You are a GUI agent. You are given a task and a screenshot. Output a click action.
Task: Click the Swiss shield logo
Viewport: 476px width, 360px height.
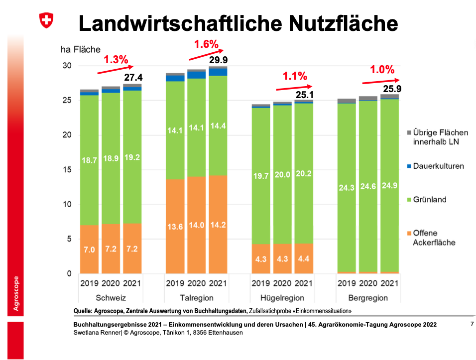click(x=46, y=20)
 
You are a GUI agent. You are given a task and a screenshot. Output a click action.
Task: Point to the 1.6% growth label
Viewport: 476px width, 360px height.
click(x=206, y=44)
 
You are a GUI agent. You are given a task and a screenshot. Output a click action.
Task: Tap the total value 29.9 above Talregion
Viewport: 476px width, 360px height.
click(x=218, y=60)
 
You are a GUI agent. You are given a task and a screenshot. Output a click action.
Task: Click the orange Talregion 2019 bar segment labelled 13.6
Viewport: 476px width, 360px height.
click(x=175, y=227)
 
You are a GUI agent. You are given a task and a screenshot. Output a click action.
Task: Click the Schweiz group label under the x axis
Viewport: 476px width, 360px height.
click(x=111, y=298)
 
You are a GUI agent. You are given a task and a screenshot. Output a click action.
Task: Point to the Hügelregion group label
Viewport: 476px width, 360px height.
click(x=282, y=298)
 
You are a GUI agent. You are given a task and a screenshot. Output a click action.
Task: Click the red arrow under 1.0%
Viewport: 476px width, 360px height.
click(x=381, y=81)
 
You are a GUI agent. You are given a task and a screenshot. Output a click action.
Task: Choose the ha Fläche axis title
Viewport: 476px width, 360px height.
click(x=80, y=49)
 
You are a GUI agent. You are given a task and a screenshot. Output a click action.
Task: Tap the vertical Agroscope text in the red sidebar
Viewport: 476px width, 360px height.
click(x=15, y=294)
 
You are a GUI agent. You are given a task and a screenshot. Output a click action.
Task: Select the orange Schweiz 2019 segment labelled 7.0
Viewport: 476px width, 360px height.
click(x=89, y=249)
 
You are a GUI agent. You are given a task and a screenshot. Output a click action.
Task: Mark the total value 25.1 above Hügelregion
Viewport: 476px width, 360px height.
click(x=304, y=94)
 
